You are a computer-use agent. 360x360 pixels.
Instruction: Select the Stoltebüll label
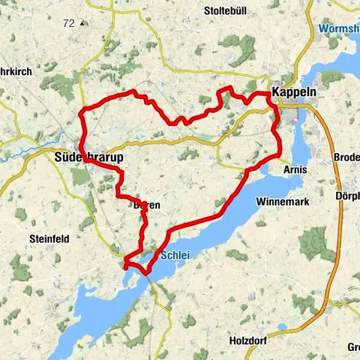point(227,11)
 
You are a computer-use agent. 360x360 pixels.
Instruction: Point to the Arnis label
point(296,170)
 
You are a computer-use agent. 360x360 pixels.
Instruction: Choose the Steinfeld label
point(49,238)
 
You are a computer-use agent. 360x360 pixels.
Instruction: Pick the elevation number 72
point(69,23)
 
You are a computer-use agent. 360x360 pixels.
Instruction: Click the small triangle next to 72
point(81,24)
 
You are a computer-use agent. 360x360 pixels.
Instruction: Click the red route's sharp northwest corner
point(81,113)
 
